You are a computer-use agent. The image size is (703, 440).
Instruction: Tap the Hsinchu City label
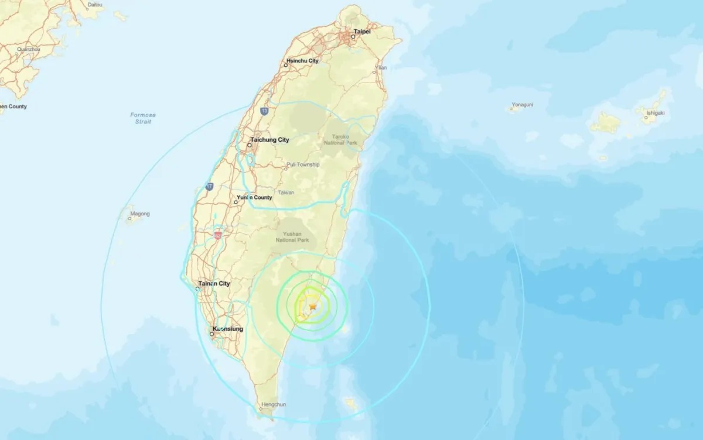tap(302, 60)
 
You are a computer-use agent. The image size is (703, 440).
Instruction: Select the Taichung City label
tap(269, 140)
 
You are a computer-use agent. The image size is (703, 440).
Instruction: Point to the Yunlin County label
tap(254, 198)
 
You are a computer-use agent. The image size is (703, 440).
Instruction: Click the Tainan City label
tap(214, 284)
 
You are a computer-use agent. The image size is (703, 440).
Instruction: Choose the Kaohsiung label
tap(228, 329)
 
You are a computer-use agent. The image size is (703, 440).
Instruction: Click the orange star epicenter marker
tap(313, 307)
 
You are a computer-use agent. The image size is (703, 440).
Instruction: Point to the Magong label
tap(139, 214)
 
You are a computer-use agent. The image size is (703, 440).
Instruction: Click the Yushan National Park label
tap(296, 237)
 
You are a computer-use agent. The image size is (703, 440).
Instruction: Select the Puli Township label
tap(303, 165)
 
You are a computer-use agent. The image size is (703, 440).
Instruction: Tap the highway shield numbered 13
tap(265, 110)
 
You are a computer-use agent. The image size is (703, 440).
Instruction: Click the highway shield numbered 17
tap(209, 187)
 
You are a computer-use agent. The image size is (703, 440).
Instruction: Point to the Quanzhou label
tap(29, 49)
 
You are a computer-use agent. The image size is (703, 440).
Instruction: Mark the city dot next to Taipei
tap(353, 37)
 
